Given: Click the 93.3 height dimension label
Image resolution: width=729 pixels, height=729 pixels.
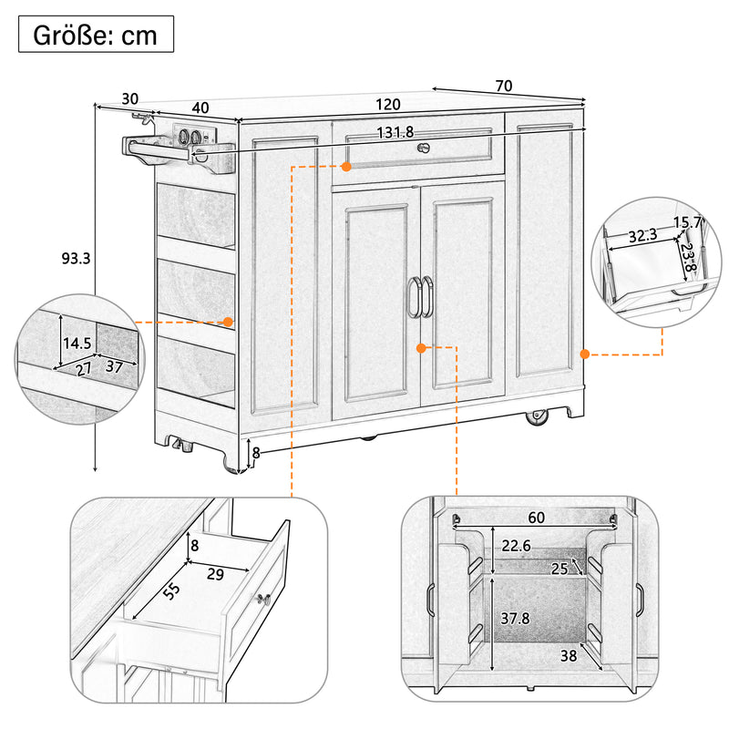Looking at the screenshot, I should pos(75,258).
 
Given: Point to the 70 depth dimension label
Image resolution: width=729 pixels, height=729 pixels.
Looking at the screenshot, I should pos(503,86).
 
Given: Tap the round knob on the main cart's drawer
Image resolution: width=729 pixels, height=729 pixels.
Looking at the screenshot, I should pos(421,149).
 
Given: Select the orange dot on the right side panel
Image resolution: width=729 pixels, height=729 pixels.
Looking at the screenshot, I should pos(584,354).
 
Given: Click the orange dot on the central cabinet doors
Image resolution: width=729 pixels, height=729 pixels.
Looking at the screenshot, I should pos(421,348).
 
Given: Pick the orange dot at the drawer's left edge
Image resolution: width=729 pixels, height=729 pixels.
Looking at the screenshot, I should pos(346,166).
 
